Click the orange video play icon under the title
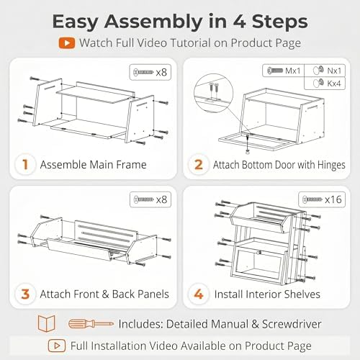pyautogui.click(x=66, y=43)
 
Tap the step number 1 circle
pyautogui.click(x=25, y=165)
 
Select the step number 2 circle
pyautogui.click(x=199, y=165)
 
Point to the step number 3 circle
pyautogui.click(x=25, y=294)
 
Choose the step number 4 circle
pyautogui.click(x=199, y=294)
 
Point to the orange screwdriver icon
pyautogui.click(x=91, y=324)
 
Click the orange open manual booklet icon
pyautogui.click(x=46, y=324)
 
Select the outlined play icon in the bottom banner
pyautogui.click(x=57, y=346)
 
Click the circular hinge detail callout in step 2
pyautogui.click(x=213, y=94)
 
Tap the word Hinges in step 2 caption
pyautogui.click(x=331, y=165)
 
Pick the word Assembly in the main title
pyautogui.click(x=153, y=22)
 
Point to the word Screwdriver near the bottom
pyautogui.click(x=292, y=324)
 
